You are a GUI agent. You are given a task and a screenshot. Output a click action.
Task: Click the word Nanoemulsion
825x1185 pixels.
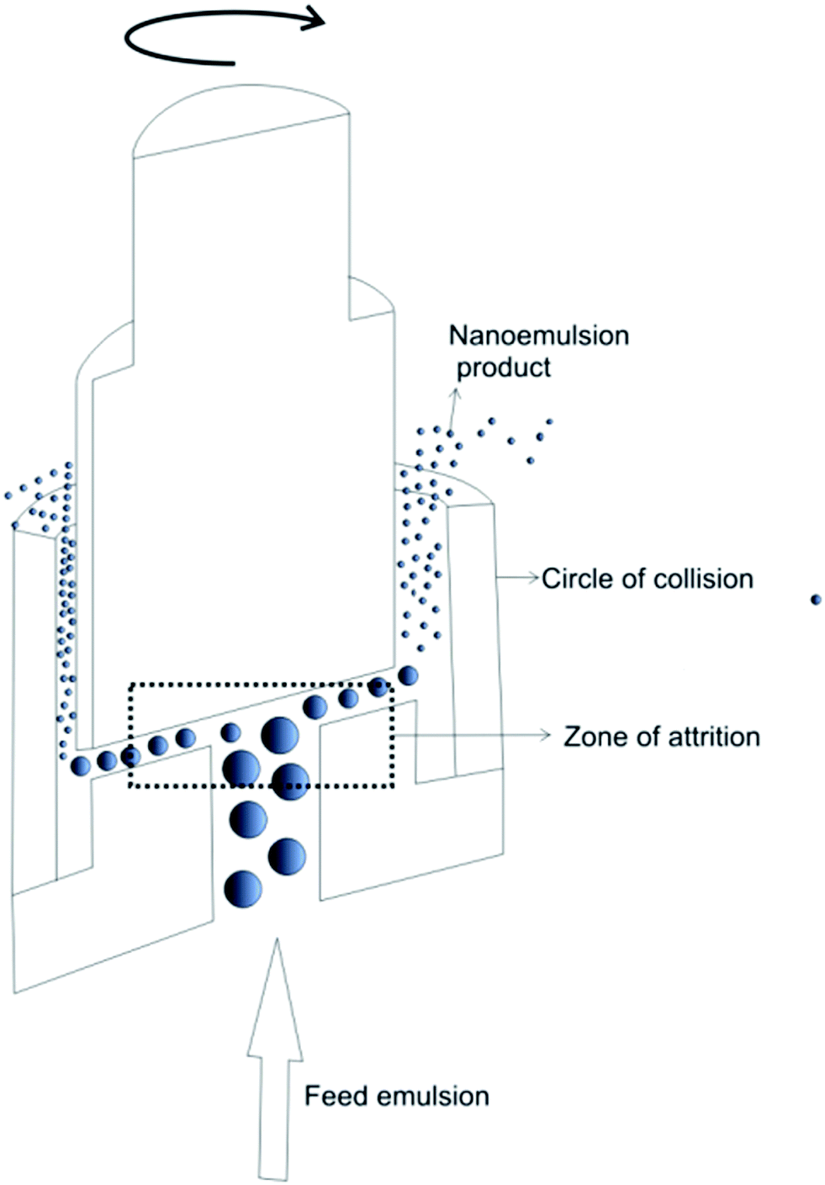point(539,336)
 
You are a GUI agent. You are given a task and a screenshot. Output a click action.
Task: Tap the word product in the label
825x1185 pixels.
point(503,368)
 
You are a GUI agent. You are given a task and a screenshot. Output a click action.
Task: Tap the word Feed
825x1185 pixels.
point(336,1096)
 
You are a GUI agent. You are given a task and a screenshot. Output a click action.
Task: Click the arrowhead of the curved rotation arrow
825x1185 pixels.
point(315,18)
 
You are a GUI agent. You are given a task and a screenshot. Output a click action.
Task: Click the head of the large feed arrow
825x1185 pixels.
point(275,992)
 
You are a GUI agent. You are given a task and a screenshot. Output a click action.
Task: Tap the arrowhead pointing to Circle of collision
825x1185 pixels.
point(531,577)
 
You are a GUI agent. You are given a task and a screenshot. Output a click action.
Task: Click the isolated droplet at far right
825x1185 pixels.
point(815,600)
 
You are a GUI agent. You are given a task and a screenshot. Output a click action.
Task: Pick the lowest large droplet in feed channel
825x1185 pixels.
point(244,889)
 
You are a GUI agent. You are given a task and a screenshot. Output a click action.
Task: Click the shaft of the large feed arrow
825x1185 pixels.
point(274,1110)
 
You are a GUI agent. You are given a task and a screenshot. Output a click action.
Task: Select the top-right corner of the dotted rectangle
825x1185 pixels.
point(393,685)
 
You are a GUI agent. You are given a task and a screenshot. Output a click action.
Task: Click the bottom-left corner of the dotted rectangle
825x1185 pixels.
point(130,786)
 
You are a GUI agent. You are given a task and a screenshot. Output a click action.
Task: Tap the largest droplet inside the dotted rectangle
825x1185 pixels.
point(279,735)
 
